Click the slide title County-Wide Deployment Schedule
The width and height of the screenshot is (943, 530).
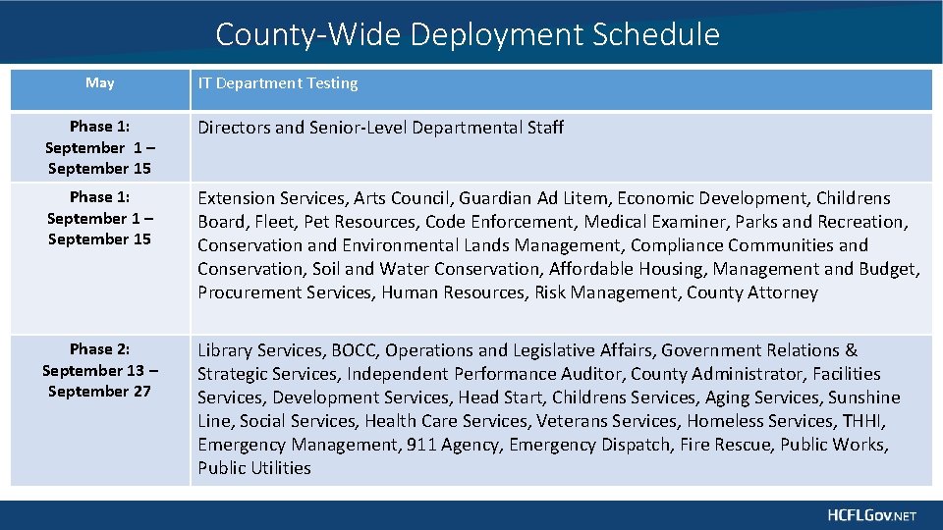click(x=468, y=35)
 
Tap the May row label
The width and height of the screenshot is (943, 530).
click(x=99, y=83)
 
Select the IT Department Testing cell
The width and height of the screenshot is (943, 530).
click(x=278, y=83)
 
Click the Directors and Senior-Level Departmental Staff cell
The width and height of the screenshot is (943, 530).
click(x=381, y=128)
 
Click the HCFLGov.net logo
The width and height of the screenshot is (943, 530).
click(x=871, y=515)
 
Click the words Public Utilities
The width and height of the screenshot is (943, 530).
click(x=254, y=468)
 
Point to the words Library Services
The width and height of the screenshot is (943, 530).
click(x=260, y=350)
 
